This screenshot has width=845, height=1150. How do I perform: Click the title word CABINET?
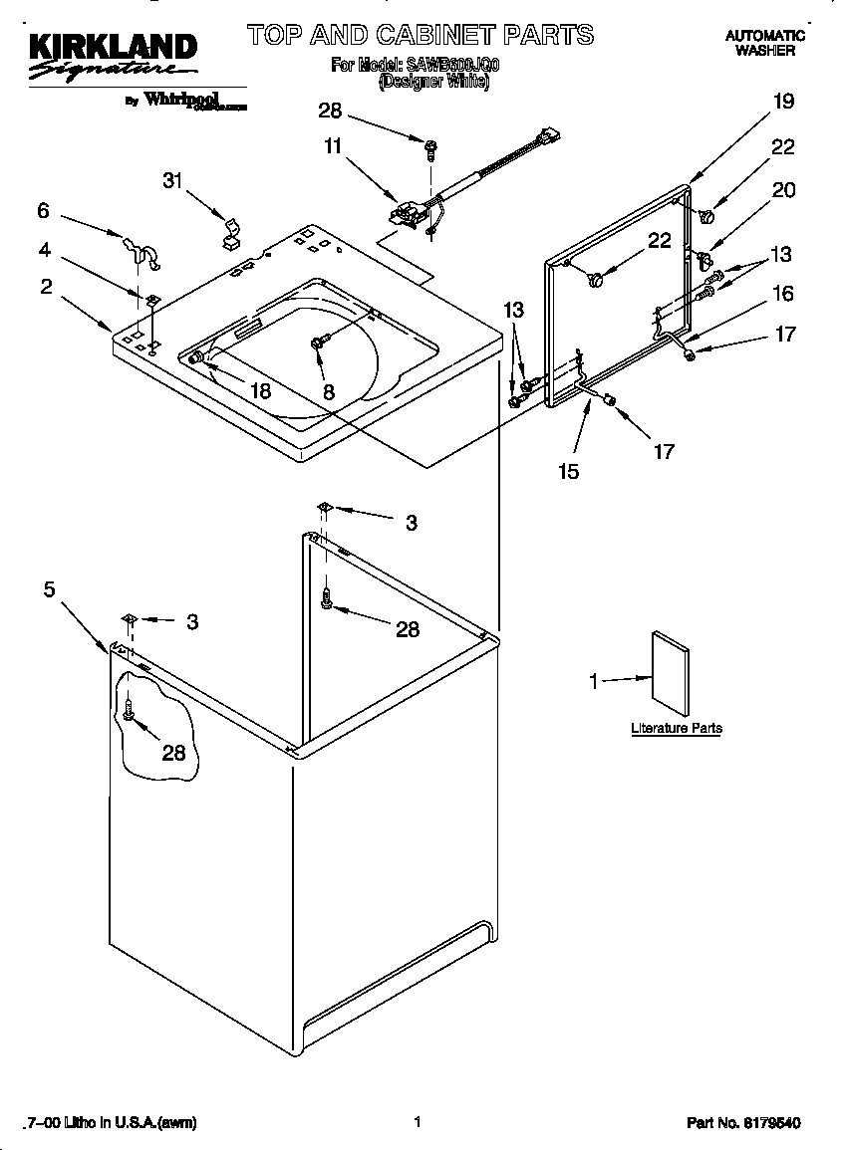coord(445,36)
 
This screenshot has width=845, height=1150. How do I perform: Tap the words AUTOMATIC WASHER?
coord(764,42)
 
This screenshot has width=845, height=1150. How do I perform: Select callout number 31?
coord(175,180)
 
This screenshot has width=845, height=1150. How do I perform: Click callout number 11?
coord(332,146)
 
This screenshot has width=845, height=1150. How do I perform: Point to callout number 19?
coord(783,101)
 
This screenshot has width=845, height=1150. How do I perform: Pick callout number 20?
coord(783,189)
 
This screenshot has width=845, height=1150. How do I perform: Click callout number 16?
coord(783,293)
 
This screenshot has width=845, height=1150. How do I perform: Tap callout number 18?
coord(260,391)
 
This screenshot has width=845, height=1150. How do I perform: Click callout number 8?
coord(329,392)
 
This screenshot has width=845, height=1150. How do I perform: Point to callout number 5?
coord(49,588)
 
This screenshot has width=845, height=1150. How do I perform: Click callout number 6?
coord(43,210)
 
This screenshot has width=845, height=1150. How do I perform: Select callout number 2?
coord(46,287)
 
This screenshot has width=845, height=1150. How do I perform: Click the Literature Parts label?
coord(676,728)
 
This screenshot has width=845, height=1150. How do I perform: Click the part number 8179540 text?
coord(743,1123)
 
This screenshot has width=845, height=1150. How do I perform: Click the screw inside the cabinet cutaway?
coord(129,710)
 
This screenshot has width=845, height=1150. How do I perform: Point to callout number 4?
coord(46,250)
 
